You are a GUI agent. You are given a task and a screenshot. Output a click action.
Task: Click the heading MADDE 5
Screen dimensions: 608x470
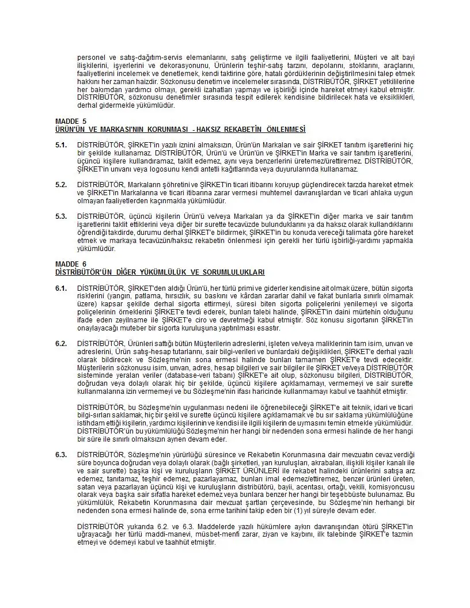tap(71, 121)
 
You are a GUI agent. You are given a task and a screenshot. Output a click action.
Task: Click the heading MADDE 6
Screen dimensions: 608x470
tap(71, 264)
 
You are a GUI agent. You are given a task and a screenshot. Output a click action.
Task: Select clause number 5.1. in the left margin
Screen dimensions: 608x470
tap(61, 144)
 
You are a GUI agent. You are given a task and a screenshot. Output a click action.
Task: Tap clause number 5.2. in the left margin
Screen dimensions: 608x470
tap(61, 184)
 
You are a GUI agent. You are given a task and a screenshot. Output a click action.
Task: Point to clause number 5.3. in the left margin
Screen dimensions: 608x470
tap(61, 216)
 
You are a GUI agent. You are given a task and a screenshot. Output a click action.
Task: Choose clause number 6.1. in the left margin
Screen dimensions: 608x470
tap(61, 287)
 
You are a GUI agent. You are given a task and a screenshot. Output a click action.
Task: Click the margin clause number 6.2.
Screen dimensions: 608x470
tap(61, 343)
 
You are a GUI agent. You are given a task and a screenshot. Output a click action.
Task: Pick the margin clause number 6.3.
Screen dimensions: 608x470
tap(61, 454)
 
